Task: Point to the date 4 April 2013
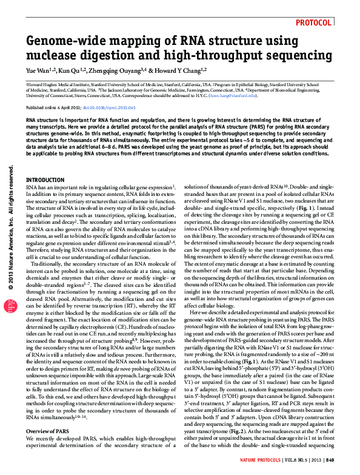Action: tap(68, 107)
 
